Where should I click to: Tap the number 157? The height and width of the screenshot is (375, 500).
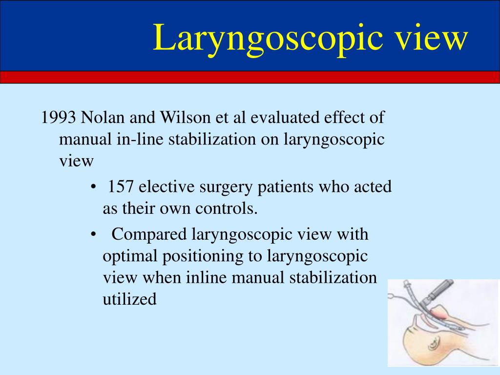pyautogui.click(x=122, y=187)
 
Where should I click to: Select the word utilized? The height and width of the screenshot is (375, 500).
pyautogui.click(x=130, y=299)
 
